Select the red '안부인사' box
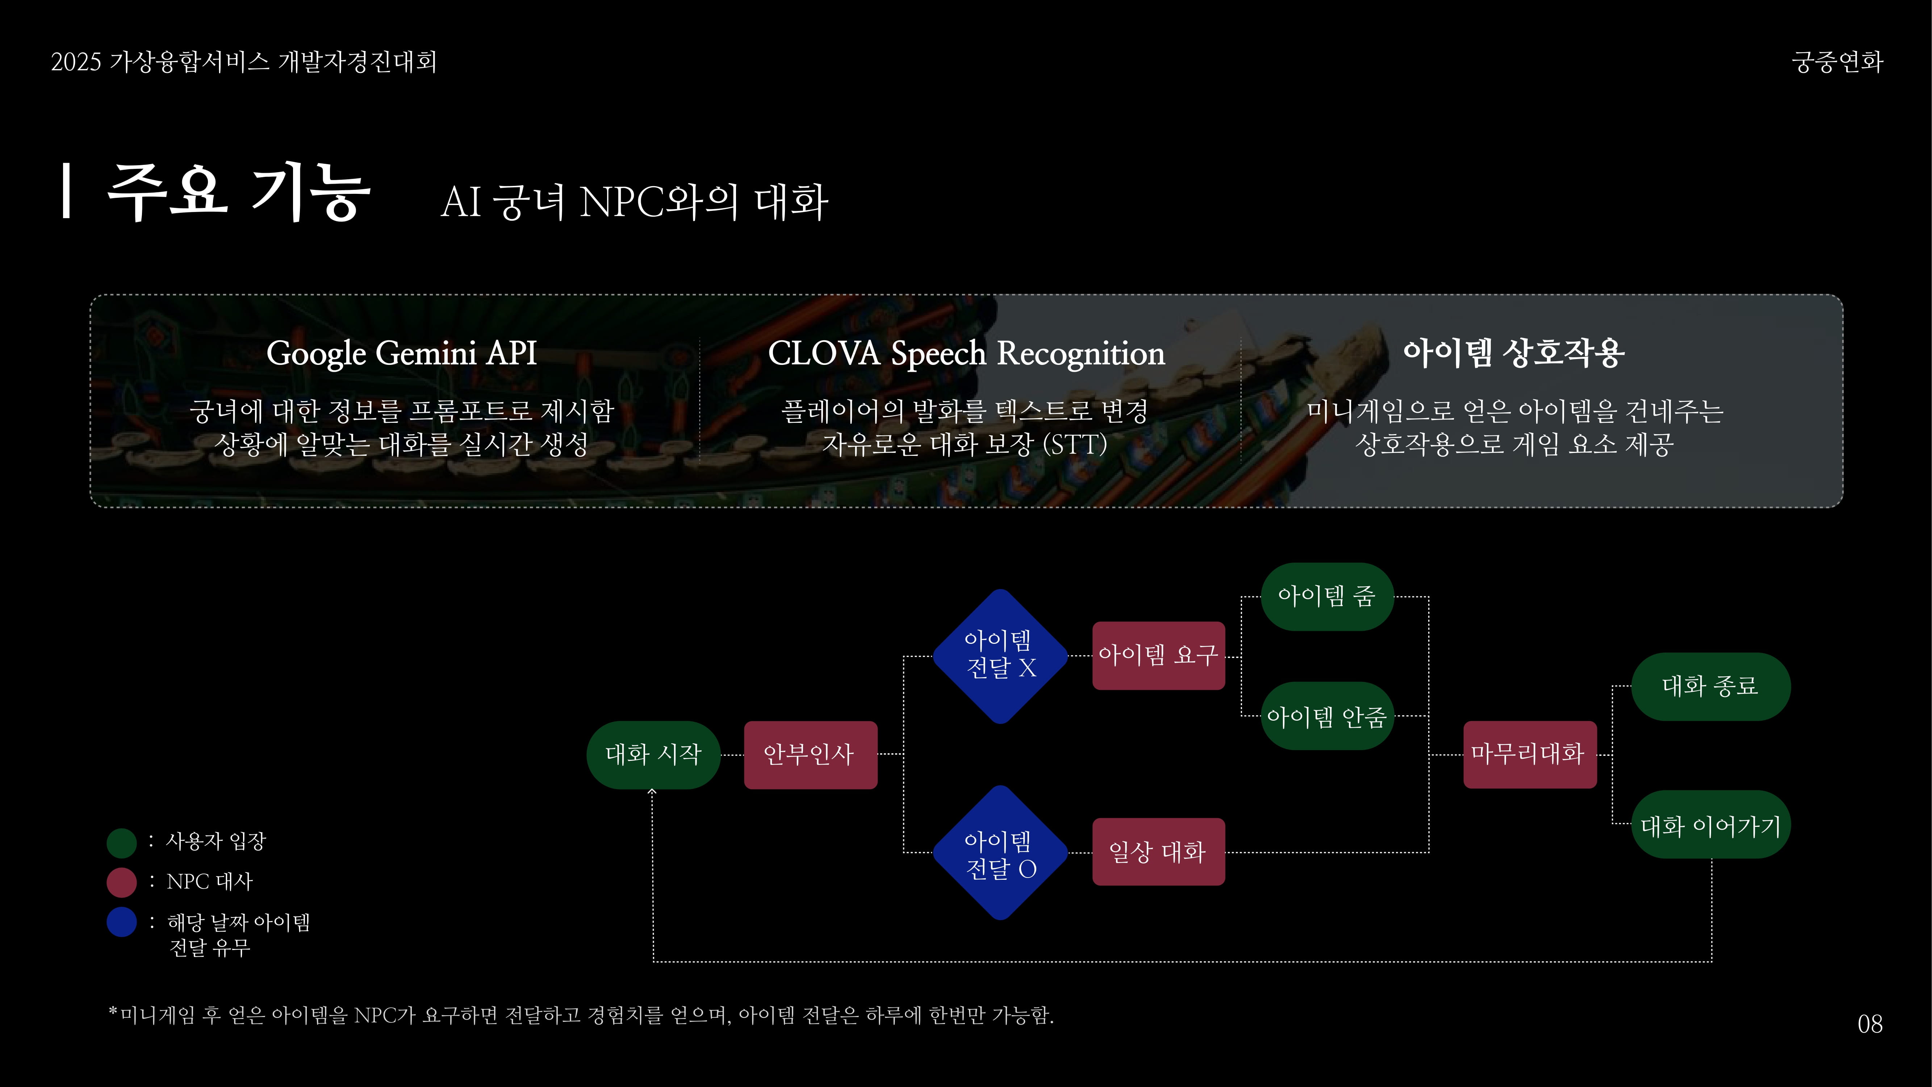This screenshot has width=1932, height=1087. (x=810, y=755)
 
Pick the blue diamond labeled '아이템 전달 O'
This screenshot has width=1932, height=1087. (x=1000, y=853)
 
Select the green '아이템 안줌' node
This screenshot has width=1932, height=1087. (x=1327, y=716)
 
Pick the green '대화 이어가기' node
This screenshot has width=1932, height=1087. (x=1711, y=824)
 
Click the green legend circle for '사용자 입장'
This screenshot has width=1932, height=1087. (x=121, y=842)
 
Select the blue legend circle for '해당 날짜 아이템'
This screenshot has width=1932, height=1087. (x=121, y=922)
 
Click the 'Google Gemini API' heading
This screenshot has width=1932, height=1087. (x=402, y=353)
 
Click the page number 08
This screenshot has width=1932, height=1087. (x=1870, y=1024)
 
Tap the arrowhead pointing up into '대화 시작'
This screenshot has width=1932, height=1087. (x=652, y=791)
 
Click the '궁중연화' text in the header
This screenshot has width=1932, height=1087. (x=1837, y=62)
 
